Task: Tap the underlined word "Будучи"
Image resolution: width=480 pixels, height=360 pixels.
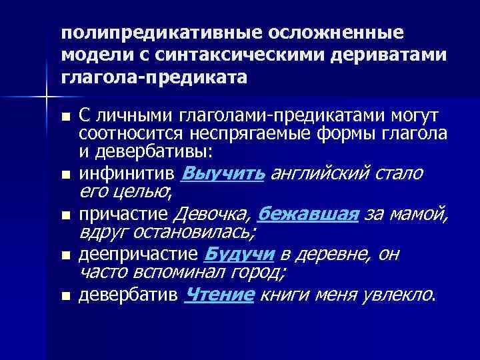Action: pyautogui.click(x=235, y=254)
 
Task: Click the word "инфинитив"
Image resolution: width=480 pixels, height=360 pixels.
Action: pyautogui.click(x=127, y=175)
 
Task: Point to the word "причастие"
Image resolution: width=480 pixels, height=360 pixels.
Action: pyautogui.click(x=124, y=215)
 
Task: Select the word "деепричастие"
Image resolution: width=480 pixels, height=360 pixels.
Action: pyautogui.click(x=138, y=255)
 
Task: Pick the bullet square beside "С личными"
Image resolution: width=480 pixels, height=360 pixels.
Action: pyautogui.click(x=65, y=117)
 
